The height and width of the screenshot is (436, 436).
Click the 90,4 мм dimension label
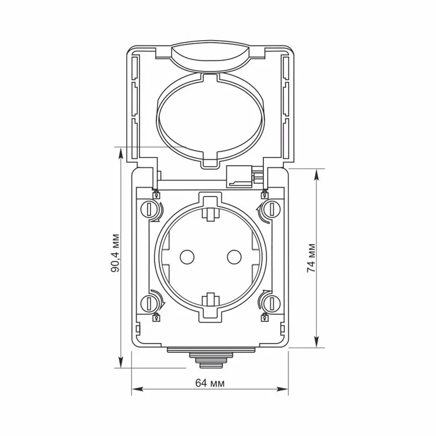(x=116, y=253)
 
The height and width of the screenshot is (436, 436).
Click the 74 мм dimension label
(x=311, y=258)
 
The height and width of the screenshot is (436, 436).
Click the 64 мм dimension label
(x=210, y=383)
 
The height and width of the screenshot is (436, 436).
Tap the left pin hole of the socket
(x=187, y=257)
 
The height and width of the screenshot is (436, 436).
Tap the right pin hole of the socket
(x=234, y=257)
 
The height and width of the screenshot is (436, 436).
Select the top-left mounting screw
(x=149, y=209)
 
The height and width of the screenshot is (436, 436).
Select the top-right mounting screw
(x=271, y=209)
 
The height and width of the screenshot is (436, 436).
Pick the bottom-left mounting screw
(x=149, y=303)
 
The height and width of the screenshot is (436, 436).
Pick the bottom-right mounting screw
(x=271, y=303)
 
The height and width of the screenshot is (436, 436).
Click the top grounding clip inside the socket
(x=210, y=213)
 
